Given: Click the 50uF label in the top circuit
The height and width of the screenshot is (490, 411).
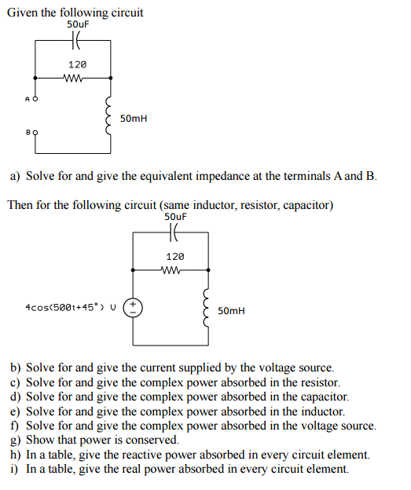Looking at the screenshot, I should pos(77,24).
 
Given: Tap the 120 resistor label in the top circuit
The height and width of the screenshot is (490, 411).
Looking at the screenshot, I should pos(77,64).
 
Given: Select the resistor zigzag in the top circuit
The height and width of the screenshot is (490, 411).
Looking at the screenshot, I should pos(77,77).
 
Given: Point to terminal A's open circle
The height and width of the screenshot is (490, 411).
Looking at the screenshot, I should pos(35,100).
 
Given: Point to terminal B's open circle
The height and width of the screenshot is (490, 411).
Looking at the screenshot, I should pos(35,133).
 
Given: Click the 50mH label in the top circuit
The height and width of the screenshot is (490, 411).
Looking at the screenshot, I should pos(134,119).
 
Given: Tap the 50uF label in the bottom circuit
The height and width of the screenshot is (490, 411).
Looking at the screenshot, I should pos(176,216).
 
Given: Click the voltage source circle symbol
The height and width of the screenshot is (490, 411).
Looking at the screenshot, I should pos(134,306).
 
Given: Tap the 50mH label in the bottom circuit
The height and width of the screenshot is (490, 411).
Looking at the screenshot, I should pos(232,311).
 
